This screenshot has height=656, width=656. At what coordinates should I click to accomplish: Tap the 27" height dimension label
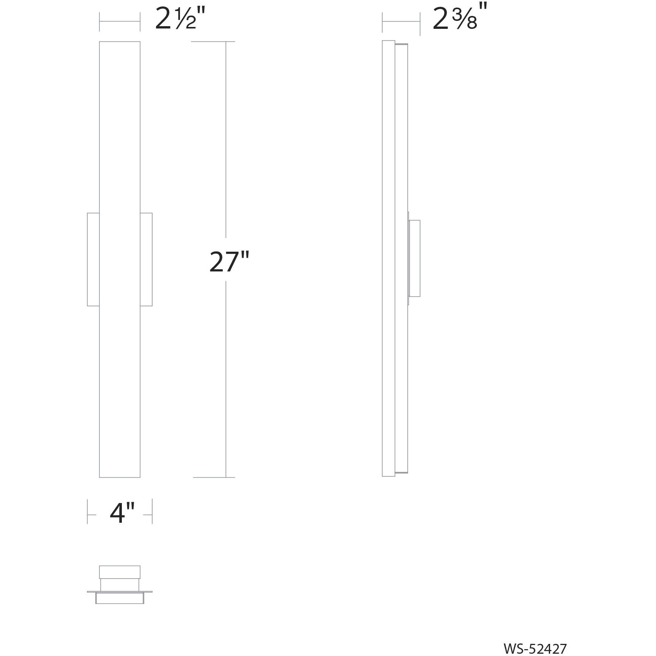pyautogui.click(x=229, y=262)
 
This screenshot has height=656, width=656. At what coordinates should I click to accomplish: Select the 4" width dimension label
pyautogui.click(x=122, y=514)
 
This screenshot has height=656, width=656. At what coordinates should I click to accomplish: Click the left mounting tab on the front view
pyautogui.click(x=93, y=259)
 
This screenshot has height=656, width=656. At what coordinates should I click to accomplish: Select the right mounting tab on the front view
pyautogui.click(x=146, y=259)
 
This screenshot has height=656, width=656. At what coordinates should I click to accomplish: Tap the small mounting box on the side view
pyautogui.click(x=415, y=258)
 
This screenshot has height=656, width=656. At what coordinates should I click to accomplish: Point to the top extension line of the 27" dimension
pyautogui.click(x=213, y=41)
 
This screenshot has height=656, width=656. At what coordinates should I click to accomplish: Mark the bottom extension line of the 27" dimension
pyautogui.click(x=214, y=477)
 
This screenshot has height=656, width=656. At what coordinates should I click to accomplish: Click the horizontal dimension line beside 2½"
pyautogui.click(x=120, y=22)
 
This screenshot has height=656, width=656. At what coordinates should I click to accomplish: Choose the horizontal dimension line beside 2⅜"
pyautogui.click(x=401, y=22)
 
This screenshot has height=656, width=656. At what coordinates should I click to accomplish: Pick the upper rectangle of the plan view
pyautogui.click(x=120, y=572)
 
